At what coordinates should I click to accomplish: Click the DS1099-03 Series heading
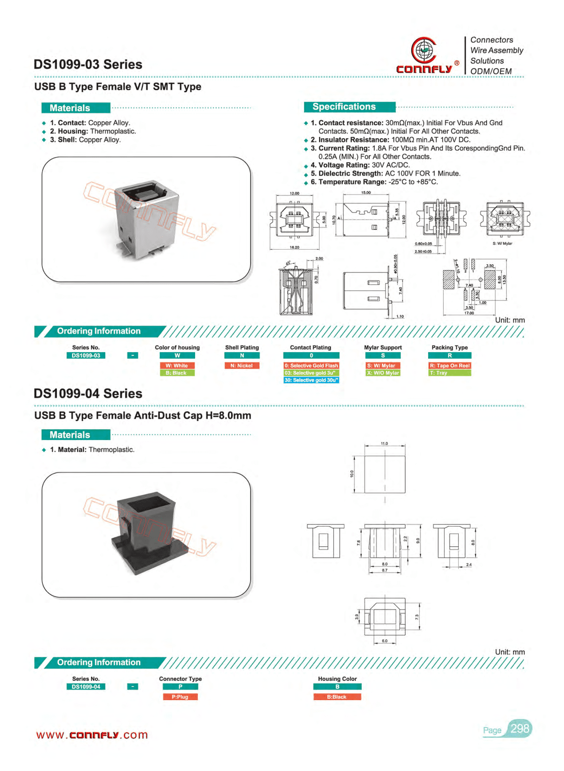[x=88, y=64]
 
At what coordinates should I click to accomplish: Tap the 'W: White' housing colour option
[x=177, y=365]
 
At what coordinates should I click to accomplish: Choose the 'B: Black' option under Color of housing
[x=177, y=373]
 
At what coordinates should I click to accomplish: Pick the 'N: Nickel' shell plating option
[x=242, y=365]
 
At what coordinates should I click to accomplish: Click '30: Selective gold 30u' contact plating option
[x=311, y=380]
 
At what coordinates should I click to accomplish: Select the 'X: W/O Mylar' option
[x=383, y=373]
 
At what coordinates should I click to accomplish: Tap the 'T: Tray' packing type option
[x=449, y=373]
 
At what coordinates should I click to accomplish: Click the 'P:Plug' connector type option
[x=180, y=697]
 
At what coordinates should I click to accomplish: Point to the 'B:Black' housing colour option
[x=337, y=697]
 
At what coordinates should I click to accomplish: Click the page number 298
[x=520, y=729]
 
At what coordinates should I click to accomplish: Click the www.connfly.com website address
[x=92, y=735]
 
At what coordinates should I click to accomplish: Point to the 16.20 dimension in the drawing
[x=295, y=247]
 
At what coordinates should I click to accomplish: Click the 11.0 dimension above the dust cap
[x=384, y=443]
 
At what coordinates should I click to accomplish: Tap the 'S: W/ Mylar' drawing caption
[x=502, y=244]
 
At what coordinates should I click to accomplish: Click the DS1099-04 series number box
[x=86, y=687]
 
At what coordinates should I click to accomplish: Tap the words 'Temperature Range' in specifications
[x=352, y=182]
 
